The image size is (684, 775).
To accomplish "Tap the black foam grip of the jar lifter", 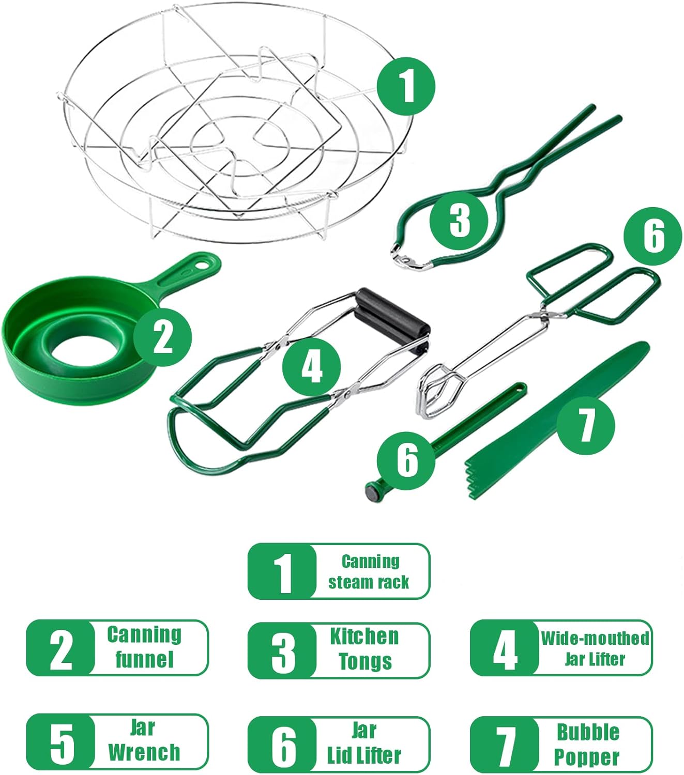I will pos(393,320).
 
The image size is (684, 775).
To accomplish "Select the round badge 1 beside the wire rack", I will pos(406,86).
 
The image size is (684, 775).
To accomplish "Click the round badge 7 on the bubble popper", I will pos(586,425).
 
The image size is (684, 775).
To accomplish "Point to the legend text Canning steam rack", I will pos(370,571).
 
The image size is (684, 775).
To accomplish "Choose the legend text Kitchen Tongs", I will pos(365,649).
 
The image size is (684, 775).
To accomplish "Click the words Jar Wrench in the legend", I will pos(144,740).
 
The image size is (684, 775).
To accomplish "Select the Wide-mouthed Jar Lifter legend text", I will pos(595,648).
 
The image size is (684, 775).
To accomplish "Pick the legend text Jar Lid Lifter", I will pos(364,743).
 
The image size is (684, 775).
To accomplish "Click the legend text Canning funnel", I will pos(144,647).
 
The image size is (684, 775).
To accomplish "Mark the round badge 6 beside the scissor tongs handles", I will pos(652,236).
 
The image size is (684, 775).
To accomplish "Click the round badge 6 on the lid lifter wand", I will pos(406,460).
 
